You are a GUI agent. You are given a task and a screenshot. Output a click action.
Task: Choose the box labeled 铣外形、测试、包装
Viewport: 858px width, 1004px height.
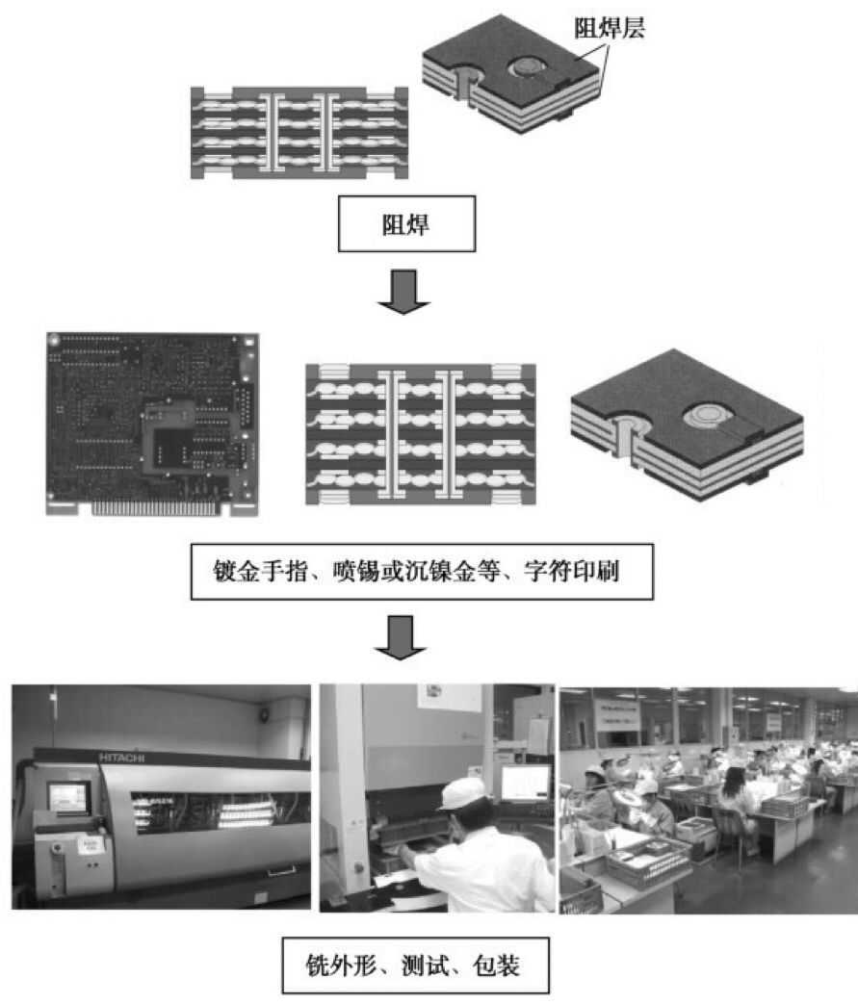(415, 965)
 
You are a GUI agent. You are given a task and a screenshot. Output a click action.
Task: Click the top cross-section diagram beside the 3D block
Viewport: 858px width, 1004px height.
(299, 134)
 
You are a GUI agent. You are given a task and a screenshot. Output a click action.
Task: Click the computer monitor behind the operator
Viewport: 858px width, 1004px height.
(525, 783)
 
